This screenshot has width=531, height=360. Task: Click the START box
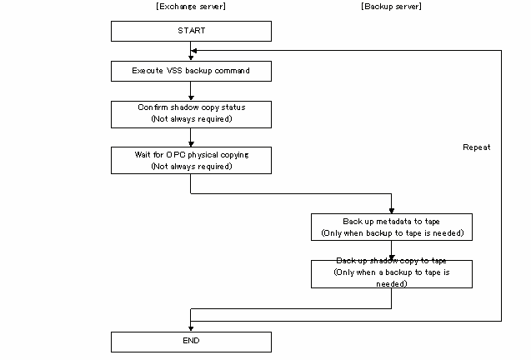191,31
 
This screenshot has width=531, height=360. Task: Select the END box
191,342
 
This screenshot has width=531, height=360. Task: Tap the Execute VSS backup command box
191,71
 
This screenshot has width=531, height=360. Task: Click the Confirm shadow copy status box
191,114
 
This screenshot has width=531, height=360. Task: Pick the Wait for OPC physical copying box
191,161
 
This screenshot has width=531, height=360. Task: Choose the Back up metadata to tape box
392,227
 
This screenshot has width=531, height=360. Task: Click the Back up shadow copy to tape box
392,274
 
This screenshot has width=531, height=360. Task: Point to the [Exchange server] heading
191,7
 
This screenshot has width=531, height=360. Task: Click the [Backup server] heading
391,7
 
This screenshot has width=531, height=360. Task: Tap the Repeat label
477,147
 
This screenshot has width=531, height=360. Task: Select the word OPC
175,155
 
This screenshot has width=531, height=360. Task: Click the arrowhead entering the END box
191,328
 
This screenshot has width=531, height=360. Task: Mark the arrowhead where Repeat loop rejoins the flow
194,51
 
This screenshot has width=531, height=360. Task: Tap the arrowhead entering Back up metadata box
392,211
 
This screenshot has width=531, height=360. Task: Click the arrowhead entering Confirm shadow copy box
191,97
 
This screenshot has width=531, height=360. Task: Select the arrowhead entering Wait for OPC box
191,144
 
